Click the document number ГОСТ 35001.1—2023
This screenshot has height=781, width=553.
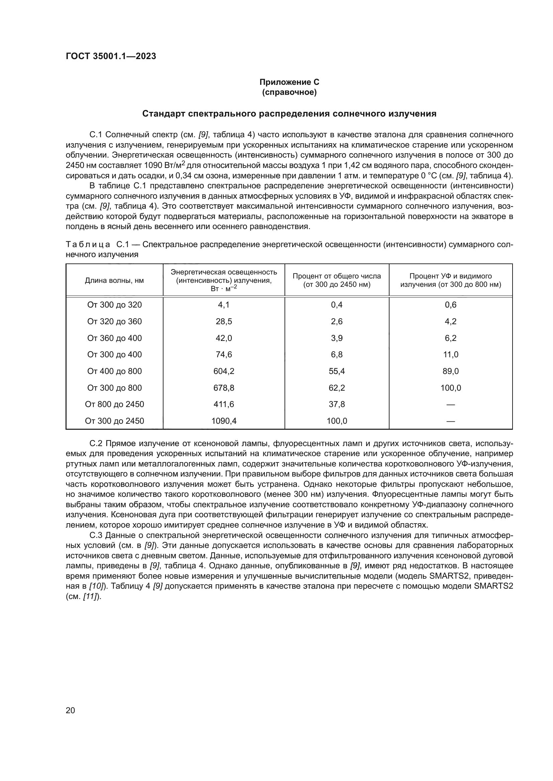111,56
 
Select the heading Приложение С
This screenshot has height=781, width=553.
289,82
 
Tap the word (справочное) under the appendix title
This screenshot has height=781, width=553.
289,92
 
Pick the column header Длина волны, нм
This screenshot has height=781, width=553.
114,280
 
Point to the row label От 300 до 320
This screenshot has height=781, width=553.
114,305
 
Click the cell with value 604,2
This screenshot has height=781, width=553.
224,371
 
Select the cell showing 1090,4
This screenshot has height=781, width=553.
224,421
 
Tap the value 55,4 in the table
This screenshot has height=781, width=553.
336,371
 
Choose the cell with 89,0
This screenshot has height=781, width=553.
450,371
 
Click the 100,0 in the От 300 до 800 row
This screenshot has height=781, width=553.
450,388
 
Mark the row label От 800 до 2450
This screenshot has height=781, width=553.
114,404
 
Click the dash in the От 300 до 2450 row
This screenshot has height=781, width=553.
450,421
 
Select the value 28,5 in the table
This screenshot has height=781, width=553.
224,321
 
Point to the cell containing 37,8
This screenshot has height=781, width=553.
336,404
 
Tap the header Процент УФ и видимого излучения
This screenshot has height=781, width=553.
450,280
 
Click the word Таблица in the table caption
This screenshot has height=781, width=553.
88,244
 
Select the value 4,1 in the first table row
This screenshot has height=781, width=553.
224,305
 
